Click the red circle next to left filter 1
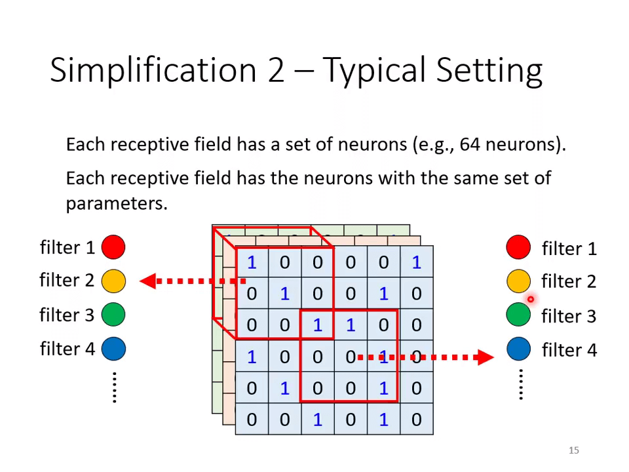pos(113,247)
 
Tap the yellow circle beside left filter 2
pos(113,281)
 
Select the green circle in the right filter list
pos(518,314)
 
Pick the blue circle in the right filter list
pos(518,348)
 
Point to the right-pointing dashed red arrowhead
pos(486,357)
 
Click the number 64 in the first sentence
pos(470,144)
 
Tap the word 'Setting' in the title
pos(489,70)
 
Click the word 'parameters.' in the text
pos(117,204)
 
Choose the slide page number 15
pos(574,450)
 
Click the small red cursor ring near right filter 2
pos(531,300)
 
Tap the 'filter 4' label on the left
pos(67,349)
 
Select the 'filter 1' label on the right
pos(569,249)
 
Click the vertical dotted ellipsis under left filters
pos(115,387)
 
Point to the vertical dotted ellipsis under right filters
pos(521,385)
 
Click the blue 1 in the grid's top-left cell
pos(252,262)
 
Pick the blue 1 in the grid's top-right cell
pos(417,262)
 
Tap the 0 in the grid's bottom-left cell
pos(252,420)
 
